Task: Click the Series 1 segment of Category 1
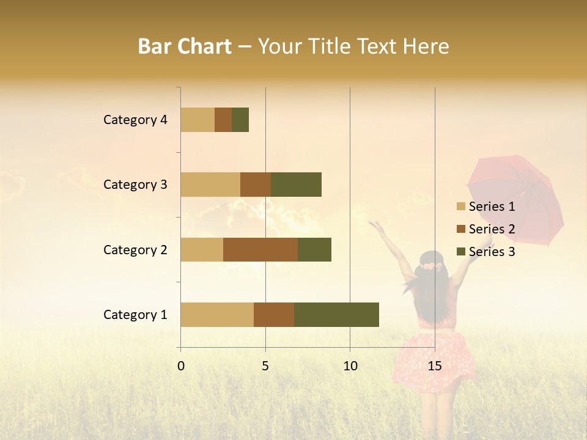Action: [x=217, y=315]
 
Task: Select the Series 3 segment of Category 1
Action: [x=336, y=315]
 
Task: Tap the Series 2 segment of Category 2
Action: [x=260, y=249]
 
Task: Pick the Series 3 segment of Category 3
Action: [x=296, y=185]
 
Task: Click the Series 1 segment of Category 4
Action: [x=198, y=120]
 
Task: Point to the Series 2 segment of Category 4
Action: [x=223, y=120]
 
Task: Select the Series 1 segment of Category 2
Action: [x=202, y=249]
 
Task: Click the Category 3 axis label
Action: [x=135, y=185]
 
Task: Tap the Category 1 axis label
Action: [x=135, y=315]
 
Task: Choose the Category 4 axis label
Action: [x=135, y=120]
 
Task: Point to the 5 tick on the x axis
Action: [x=265, y=366]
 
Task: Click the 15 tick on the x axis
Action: [x=434, y=366]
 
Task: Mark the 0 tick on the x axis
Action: [x=181, y=366]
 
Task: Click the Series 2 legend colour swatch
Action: [x=460, y=229]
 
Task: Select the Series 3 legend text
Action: [x=492, y=252]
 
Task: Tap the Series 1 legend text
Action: [x=492, y=207]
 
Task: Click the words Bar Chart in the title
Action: [x=185, y=46]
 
